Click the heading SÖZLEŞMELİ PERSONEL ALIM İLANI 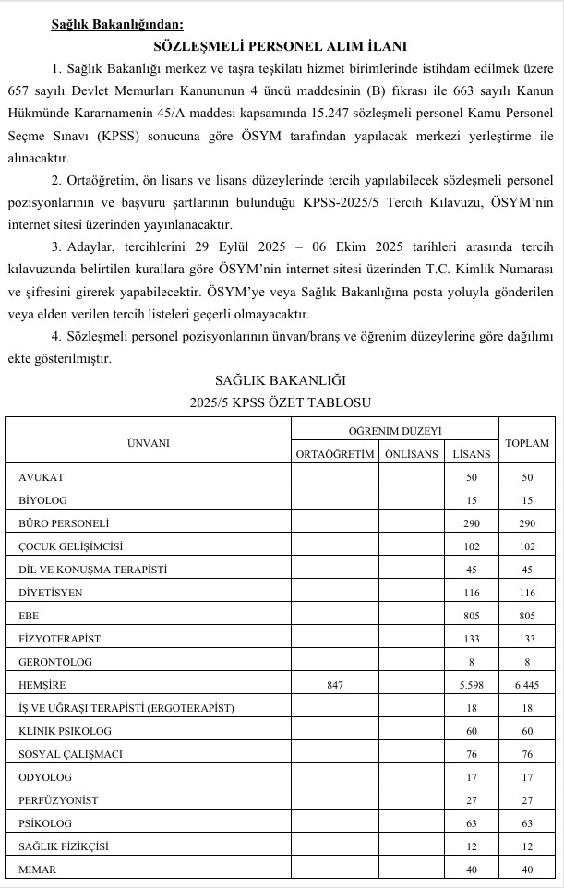(282, 45)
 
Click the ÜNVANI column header (148, 442)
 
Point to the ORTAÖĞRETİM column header (335, 453)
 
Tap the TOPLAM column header (527, 443)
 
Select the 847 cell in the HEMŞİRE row (335, 685)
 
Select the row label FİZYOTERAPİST (60, 638)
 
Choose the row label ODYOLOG (46, 777)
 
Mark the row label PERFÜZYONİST (58, 800)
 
